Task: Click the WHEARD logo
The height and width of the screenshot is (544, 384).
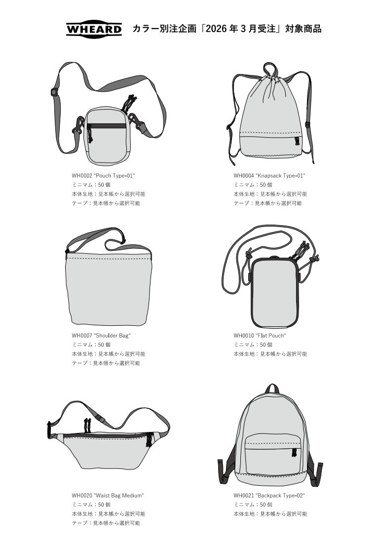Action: tap(94, 29)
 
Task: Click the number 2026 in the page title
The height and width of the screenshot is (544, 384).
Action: tap(217, 29)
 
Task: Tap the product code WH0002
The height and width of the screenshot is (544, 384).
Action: tap(82, 176)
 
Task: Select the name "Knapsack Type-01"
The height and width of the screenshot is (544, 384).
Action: tap(280, 176)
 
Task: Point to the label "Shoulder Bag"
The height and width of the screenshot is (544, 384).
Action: tap(112, 336)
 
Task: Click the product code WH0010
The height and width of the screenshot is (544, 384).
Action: tap(243, 336)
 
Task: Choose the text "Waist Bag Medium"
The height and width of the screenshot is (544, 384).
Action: tap(118, 496)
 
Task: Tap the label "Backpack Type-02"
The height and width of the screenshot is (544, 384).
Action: tap(280, 496)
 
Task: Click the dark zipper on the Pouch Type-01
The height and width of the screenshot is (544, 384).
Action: tap(106, 126)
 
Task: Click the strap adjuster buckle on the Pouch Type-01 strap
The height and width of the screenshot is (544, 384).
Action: tap(53, 92)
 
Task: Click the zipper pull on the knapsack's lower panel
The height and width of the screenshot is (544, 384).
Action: tap(297, 141)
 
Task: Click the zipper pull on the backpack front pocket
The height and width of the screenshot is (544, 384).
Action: tap(294, 453)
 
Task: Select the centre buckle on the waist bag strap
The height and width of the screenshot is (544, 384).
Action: tap(101, 419)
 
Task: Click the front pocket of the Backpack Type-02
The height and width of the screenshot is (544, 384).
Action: tap(272, 453)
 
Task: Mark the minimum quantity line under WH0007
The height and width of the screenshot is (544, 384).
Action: tap(91, 345)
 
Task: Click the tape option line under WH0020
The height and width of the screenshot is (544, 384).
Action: tap(106, 523)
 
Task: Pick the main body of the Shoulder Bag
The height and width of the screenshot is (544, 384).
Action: tap(108, 287)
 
